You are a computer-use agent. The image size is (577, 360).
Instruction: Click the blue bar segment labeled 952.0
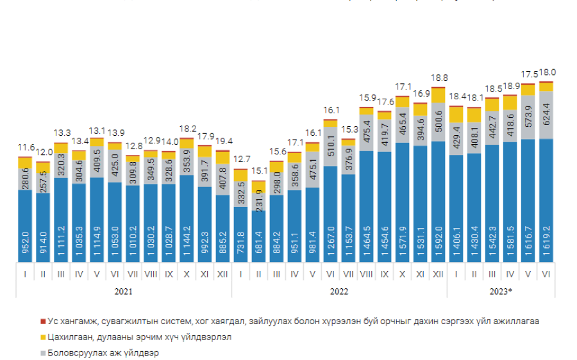point(25,225)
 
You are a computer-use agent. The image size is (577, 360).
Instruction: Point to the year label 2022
point(339,290)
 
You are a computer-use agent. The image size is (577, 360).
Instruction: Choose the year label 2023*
point(501,290)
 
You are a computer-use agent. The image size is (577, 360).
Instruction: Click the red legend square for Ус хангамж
point(43,321)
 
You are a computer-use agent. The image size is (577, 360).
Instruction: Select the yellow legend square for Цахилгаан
point(43,337)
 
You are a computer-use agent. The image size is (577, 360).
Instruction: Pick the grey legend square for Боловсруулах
point(43,353)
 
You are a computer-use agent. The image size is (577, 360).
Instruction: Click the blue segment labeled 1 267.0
point(330,214)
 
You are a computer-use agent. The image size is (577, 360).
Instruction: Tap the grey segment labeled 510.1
point(330,146)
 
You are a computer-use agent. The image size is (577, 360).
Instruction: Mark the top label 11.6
point(25,148)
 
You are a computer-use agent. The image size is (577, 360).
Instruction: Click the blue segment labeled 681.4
point(258,236)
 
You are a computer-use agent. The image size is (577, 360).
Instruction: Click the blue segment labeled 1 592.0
point(439,201)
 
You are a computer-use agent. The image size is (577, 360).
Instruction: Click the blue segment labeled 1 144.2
point(187,218)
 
